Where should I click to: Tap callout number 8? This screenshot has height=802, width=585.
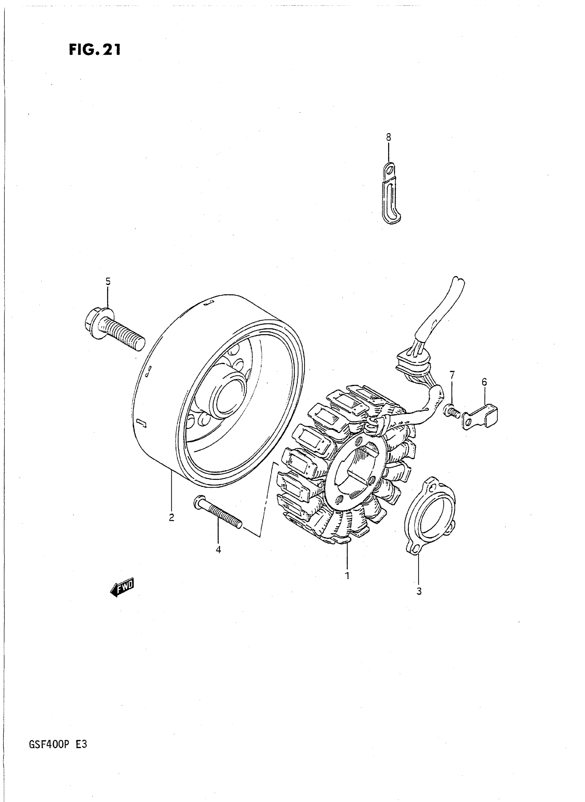tap(389, 136)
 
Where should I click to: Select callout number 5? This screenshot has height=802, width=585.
tap(108, 281)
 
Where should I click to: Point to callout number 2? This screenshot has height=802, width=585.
tap(171, 518)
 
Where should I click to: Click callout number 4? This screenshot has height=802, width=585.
tap(218, 549)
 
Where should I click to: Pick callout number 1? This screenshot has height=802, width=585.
tap(348, 575)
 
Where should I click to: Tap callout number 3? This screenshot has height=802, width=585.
tap(419, 591)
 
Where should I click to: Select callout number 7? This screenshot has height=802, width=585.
tap(452, 374)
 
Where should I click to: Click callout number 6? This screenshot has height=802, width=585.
tap(484, 382)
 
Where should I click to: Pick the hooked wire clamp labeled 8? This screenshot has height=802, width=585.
tap(391, 193)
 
